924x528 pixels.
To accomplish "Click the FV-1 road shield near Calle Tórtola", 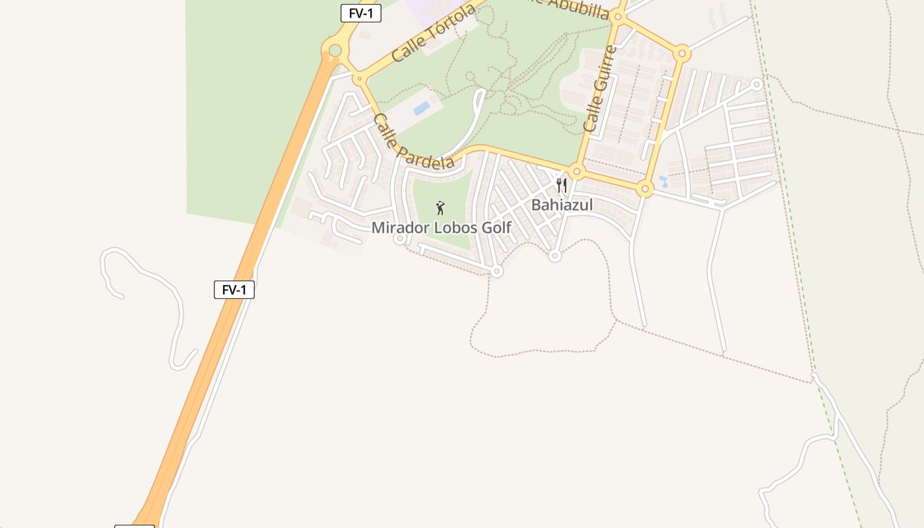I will (360, 13).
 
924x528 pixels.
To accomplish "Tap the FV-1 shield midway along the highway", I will (234, 289).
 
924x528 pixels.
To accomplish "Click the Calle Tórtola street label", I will (433, 33).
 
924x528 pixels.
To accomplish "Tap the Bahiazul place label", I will (562, 205).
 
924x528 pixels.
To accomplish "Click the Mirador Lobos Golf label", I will (441, 228).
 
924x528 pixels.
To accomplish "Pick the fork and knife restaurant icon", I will (561, 185).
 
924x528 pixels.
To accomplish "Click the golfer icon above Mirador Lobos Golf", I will (440, 208).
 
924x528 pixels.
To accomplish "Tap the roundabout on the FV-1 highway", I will (335, 50).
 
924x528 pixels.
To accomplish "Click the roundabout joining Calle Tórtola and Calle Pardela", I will (359, 79).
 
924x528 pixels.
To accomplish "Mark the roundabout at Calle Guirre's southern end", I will (577, 172).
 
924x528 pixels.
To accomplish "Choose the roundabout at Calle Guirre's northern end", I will (618, 18).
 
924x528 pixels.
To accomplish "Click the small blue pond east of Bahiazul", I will (663, 181).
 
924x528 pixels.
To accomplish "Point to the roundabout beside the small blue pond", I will (645, 189).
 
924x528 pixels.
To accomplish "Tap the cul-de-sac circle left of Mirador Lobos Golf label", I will (399, 239).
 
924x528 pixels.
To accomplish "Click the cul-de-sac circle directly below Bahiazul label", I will (555, 256).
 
